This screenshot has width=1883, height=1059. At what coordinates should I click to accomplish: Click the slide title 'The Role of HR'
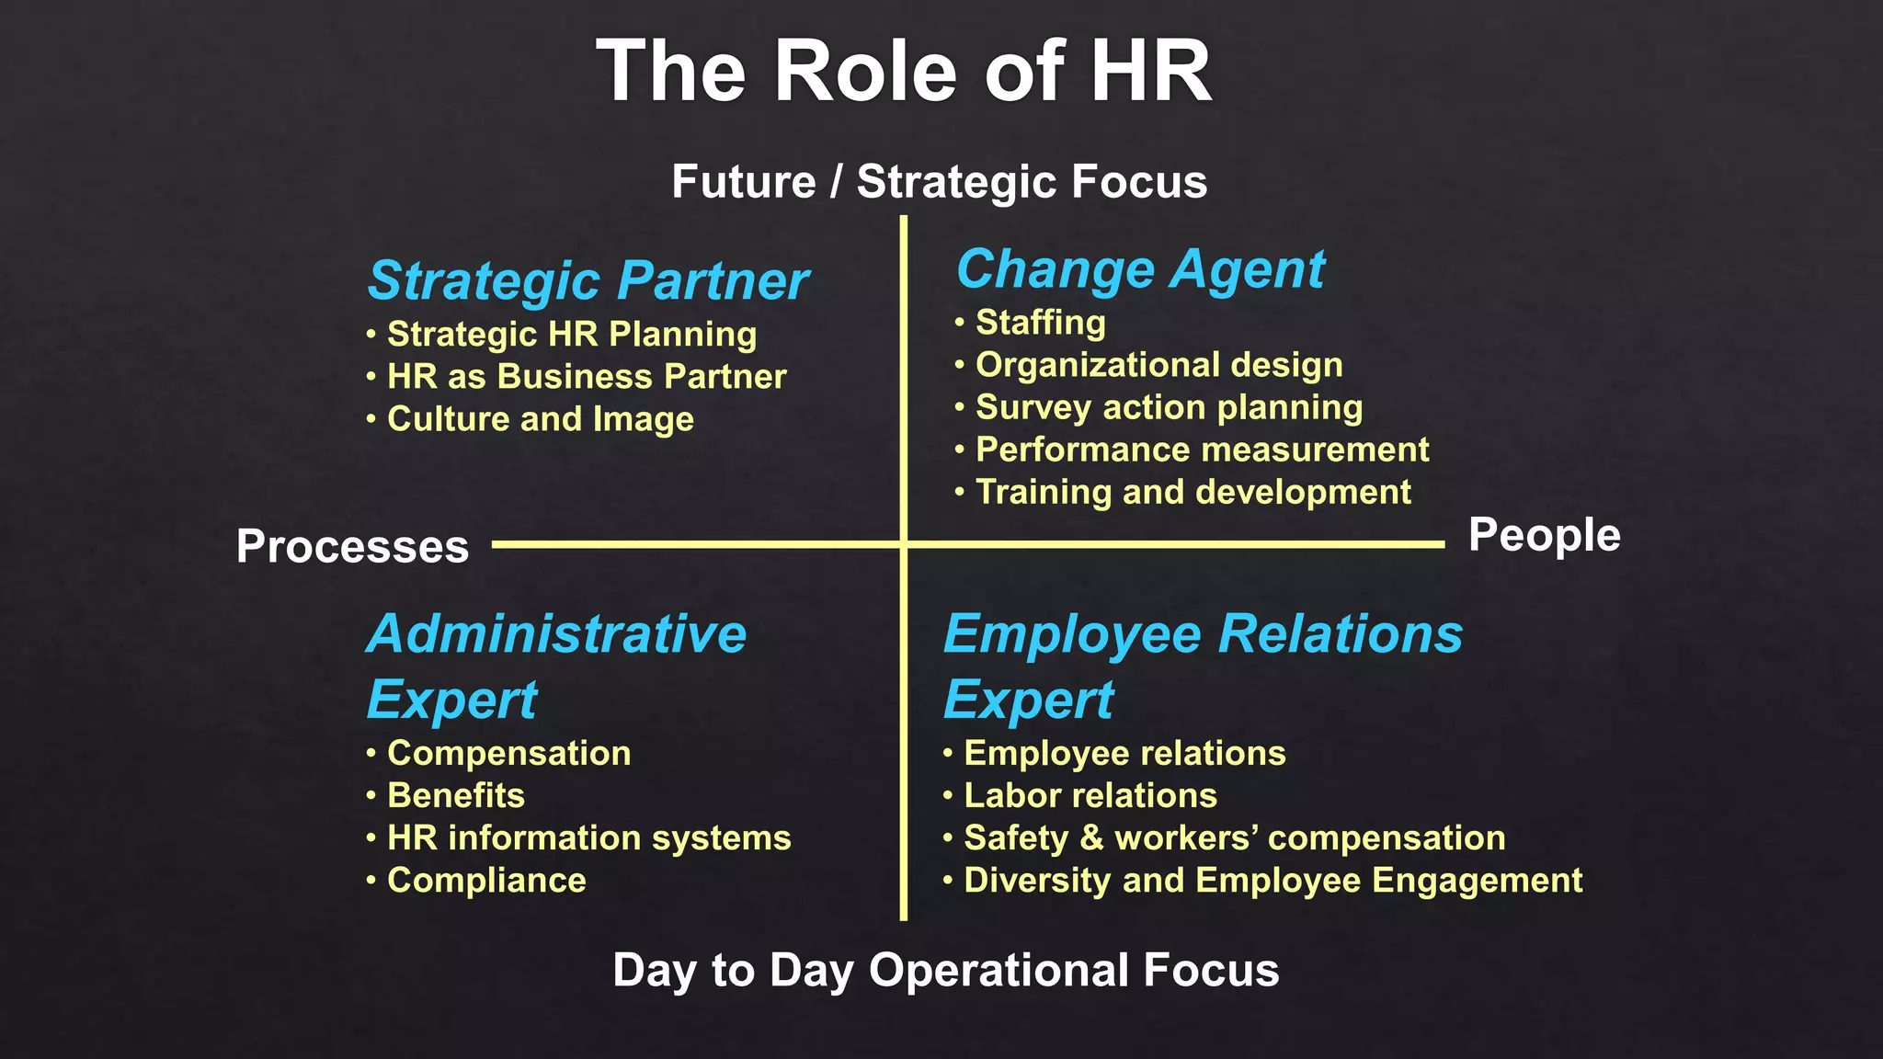click(x=905, y=72)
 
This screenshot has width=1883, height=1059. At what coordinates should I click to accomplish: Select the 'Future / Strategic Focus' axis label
click(x=939, y=181)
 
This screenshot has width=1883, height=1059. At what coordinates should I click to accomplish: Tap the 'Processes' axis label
click(x=352, y=546)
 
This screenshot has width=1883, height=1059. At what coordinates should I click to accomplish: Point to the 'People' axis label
click(x=1544, y=535)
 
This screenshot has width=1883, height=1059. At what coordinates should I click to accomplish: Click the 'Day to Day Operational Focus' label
click(x=945, y=970)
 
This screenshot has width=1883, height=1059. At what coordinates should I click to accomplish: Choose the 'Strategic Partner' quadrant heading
click(x=588, y=280)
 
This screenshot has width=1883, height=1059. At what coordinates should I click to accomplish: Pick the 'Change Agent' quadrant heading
click(x=1140, y=269)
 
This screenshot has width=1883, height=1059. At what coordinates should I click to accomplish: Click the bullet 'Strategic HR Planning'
click(x=571, y=335)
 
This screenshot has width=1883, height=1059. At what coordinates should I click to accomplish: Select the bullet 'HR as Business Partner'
click(x=586, y=377)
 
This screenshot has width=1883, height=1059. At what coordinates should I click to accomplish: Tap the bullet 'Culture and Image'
click(x=540, y=419)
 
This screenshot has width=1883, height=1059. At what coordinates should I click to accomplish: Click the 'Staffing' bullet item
click(x=1040, y=323)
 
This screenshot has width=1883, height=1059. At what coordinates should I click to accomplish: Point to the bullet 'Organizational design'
click(x=1158, y=365)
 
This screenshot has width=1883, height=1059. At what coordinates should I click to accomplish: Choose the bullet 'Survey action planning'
click(x=1169, y=407)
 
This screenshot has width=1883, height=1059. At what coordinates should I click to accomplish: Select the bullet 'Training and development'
click(x=1193, y=492)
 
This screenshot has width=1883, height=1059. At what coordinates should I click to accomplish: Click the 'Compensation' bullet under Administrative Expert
click(x=508, y=753)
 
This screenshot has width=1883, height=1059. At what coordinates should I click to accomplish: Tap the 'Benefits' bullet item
click(x=455, y=795)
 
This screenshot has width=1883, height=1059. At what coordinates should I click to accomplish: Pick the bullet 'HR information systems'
click(x=588, y=837)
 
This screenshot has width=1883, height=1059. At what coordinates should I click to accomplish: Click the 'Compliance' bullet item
click(x=486, y=880)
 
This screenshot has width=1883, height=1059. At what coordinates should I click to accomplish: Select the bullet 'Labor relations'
click(x=1090, y=795)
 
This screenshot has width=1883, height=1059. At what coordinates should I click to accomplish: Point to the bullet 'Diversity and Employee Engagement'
click(x=1272, y=880)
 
